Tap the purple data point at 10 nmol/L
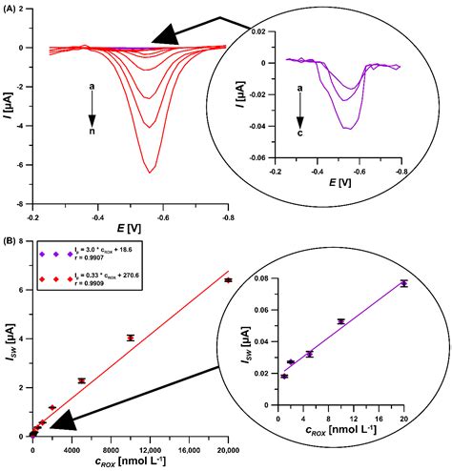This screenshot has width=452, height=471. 340,321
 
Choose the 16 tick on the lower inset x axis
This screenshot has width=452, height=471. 379,404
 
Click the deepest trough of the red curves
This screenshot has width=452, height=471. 151,172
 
